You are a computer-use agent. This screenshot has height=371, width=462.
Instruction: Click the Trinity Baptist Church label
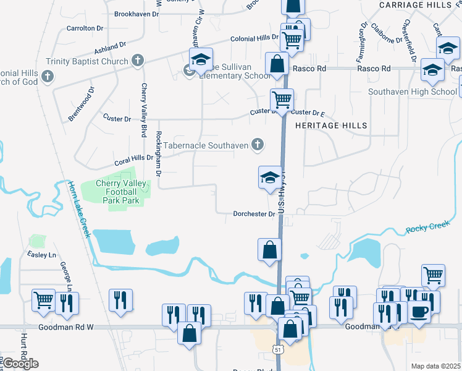click(86, 61)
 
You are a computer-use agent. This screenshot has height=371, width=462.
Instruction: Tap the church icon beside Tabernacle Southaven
click(258, 145)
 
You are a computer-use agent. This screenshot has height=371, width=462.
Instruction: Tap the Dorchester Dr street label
click(254, 214)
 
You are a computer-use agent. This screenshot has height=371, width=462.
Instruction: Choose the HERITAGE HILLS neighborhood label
click(331, 126)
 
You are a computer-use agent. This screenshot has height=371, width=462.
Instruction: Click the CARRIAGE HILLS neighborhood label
click(416, 5)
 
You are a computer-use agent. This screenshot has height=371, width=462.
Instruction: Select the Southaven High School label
click(412, 92)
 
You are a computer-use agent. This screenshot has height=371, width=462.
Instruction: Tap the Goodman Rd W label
click(64, 327)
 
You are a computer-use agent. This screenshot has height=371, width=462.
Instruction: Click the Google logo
click(20, 364)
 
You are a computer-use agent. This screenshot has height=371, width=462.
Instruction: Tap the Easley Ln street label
click(41, 255)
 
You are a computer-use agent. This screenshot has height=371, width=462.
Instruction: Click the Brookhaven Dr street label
click(138, 13)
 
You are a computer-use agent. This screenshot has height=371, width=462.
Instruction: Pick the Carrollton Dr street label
click(85, 28)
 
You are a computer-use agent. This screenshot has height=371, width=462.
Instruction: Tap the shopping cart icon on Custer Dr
click(282, 99)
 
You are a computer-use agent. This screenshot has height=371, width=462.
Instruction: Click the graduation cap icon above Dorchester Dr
click(269, 178)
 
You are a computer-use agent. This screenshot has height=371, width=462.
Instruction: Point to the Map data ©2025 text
click(436, 366)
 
